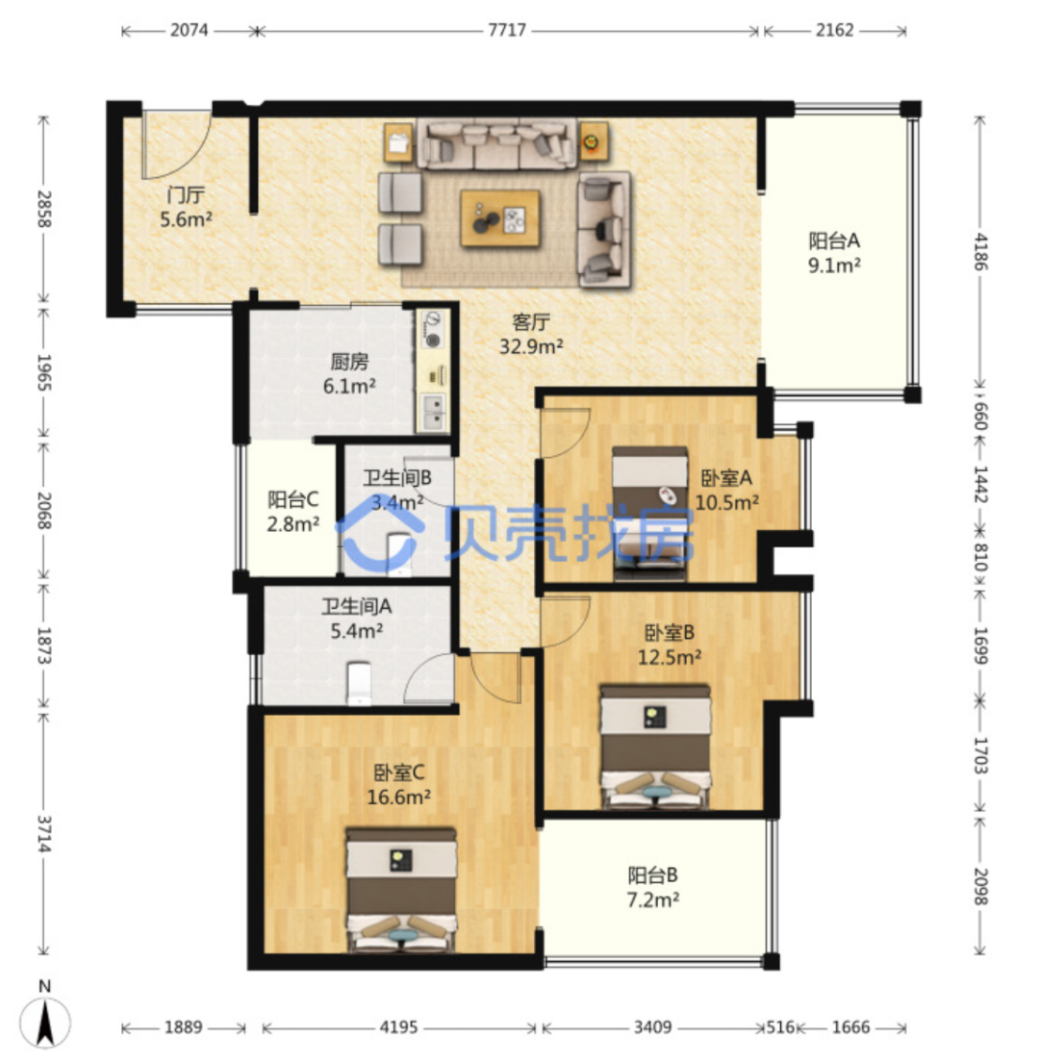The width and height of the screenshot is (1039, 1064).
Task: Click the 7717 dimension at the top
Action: [507, 31]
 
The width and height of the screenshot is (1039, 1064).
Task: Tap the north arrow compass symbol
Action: [45, 1023]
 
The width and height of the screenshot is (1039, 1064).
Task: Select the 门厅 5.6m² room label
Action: [186, 208]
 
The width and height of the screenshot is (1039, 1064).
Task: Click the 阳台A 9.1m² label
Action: [834, 252]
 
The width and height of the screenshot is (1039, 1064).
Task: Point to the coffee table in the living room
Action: [500, 217]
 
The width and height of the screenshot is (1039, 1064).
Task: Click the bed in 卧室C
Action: [401, 890]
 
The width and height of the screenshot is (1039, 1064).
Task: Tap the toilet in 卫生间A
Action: [359, 683]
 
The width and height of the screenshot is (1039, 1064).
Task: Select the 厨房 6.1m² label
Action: [349, 374]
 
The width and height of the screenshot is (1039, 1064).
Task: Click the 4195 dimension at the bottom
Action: [398, 1027]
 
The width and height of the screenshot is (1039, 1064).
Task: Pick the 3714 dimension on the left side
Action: [45, 834]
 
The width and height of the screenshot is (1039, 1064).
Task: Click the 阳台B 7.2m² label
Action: [653, 888]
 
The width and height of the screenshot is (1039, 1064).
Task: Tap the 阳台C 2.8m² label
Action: [293, 512]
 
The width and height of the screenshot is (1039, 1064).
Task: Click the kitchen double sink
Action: [432, 411]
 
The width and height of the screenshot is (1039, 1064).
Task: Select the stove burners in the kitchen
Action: [432, 328]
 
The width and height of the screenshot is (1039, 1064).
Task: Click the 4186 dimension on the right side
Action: [980, 252]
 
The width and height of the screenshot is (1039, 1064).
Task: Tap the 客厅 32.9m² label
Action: [531, 334]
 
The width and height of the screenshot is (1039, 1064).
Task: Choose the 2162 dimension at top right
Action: [834, 31]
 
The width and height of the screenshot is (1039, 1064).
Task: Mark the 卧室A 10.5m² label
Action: [727, 490]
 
